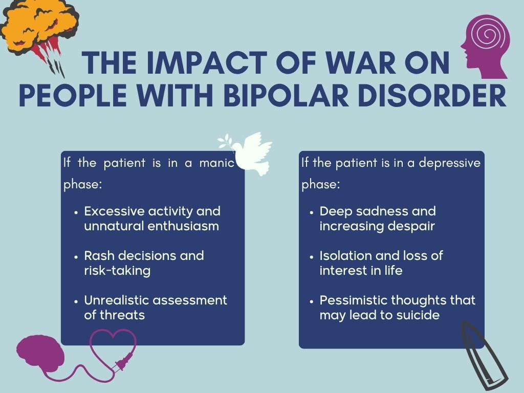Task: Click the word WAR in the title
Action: (x=361, y=63)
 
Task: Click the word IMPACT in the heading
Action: (x=207, y=63)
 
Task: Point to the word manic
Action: (x=217, y=163)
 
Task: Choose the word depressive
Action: (x=449, y=163)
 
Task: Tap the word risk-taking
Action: (x=117, y=271)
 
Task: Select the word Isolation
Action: (x=345, y=256)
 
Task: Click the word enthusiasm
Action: (x=183, y=226)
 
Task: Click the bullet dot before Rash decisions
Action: (x=77, y=257)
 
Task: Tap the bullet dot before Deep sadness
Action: (x=312, y=212)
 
